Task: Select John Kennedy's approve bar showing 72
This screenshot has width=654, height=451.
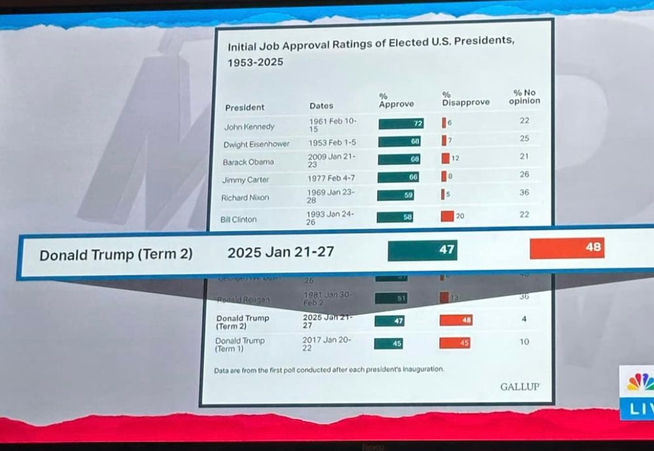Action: (401, 124)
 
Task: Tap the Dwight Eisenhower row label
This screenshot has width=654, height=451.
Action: (256, 144)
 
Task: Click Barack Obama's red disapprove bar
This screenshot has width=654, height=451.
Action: (445, 158)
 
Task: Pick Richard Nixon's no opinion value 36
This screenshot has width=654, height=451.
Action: (525, 193)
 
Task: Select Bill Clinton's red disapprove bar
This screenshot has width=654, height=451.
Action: (447, 216)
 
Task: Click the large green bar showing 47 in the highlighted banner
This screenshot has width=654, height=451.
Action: (422, 250)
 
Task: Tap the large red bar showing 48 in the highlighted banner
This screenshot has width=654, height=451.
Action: (566, 248)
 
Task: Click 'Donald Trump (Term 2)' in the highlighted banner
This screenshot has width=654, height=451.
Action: (116, 255)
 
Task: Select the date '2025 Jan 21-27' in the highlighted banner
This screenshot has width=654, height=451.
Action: (281, 252)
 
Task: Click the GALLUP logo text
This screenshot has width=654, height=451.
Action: (520, 386)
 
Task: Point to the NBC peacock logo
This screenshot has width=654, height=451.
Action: (640, 383)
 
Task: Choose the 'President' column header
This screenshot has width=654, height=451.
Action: (245, 107)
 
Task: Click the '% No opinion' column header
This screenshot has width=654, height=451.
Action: (525, 97)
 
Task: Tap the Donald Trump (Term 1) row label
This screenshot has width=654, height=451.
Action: (240, 344)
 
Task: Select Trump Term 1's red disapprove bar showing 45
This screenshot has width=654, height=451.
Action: (455, 342)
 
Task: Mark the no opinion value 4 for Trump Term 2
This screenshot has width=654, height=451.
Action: (525, 319)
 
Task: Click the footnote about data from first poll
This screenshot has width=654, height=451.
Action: (329, 369)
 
